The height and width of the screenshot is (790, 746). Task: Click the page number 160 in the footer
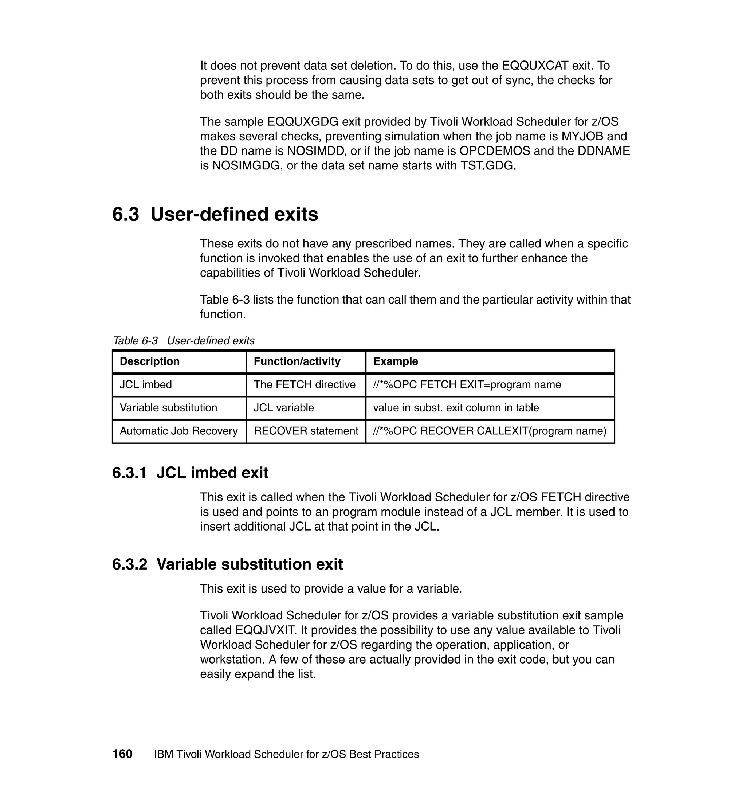122,754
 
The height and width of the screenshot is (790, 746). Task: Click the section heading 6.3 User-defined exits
215,214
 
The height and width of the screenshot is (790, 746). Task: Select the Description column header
149,361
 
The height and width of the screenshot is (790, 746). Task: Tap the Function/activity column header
297,361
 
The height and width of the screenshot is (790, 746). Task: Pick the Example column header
395,361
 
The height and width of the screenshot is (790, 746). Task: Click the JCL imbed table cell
146,385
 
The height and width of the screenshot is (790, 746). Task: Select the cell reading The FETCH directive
304,385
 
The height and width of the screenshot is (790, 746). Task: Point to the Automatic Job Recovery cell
178,431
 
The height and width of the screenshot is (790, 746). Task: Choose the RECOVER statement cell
306,431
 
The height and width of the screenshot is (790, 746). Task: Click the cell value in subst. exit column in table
456,408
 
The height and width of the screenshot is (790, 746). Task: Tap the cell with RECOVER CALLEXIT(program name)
490,431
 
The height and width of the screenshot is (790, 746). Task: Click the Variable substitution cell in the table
168,408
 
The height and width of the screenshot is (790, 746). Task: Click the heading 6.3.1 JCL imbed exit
190,473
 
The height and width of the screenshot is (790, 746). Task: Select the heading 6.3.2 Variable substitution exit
227,564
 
